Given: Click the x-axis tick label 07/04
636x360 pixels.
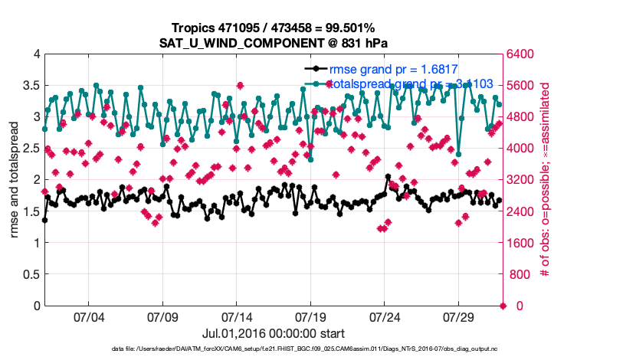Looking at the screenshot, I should pyautogui.click(x=89, y=317).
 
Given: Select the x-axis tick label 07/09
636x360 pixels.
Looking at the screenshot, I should pyautogui.click(x=162, y=317).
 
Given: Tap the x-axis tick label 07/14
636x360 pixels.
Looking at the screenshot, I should pyautogui.click(x=237, y=317).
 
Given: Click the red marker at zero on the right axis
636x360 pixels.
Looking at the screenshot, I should pyautogui.click(x=503, y=306).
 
